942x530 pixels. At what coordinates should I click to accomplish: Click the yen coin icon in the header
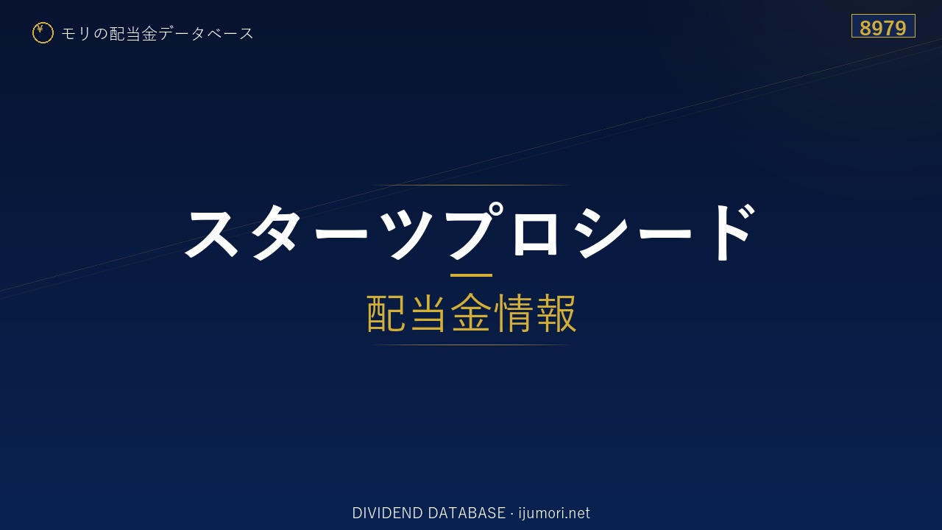[x=43, y=33]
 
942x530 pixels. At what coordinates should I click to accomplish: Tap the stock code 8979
[x=882, y=28]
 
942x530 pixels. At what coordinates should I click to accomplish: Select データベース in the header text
[x=207, y=33]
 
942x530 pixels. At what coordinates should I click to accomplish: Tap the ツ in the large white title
[x=411, y=233]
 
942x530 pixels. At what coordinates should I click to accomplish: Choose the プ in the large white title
[x=475, y=230]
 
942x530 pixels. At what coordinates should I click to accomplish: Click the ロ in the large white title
[x=535, y=233]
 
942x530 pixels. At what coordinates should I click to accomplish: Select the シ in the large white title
[x=602, y=233]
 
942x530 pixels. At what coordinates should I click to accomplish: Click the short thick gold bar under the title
[x=471, y=275]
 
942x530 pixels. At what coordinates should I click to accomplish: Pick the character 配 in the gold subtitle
[x=386, y=313]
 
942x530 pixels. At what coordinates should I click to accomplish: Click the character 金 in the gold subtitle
[x=471, y=313]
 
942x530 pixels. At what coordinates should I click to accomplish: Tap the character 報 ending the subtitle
[x=556, y=313]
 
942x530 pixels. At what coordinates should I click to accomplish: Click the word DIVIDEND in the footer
[x=387, y=513]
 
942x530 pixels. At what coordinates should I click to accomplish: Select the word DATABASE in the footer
[x=467, y=513]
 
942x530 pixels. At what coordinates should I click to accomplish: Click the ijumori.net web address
[x=554, y=513]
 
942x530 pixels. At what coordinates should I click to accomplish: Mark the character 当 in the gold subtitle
[x=428, y=313]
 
